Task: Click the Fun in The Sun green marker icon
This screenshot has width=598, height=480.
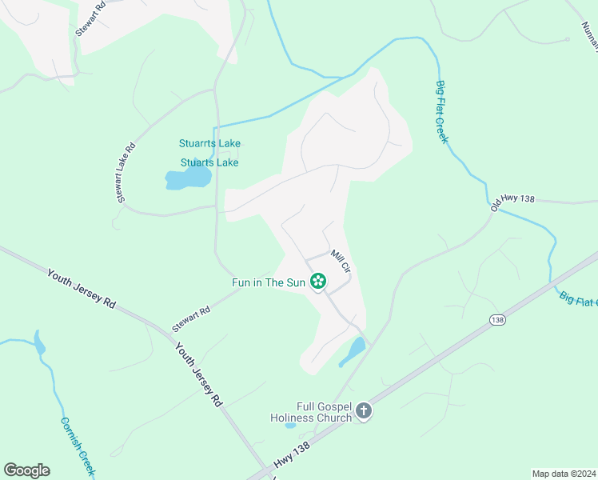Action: tap(318, 281)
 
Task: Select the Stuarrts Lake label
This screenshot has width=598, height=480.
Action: tap(209, 144)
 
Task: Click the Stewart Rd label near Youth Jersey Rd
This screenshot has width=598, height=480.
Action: tap(191, 318)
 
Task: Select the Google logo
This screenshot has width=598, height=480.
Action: tap(26, 470)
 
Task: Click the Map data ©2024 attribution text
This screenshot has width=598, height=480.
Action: tap(564, 474)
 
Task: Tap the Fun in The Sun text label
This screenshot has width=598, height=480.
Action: tap(268, 282)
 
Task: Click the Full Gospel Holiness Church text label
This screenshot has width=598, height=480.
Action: tap(311, 412)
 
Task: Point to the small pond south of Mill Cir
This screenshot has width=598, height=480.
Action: tap(353, 350)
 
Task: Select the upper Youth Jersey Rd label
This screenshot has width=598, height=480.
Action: tap(82, 289)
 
